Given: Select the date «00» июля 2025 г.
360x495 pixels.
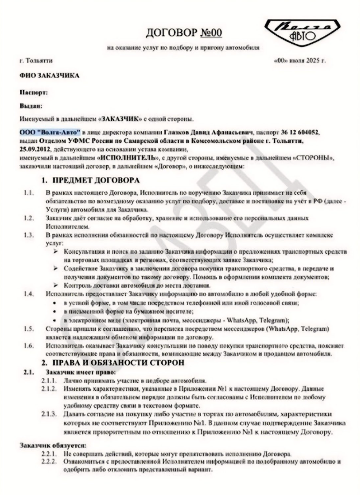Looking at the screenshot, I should point(300,60).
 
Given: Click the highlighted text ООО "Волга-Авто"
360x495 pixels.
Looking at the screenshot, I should point(45,132).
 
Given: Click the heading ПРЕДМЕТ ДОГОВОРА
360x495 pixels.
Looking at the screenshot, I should point(94,181).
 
